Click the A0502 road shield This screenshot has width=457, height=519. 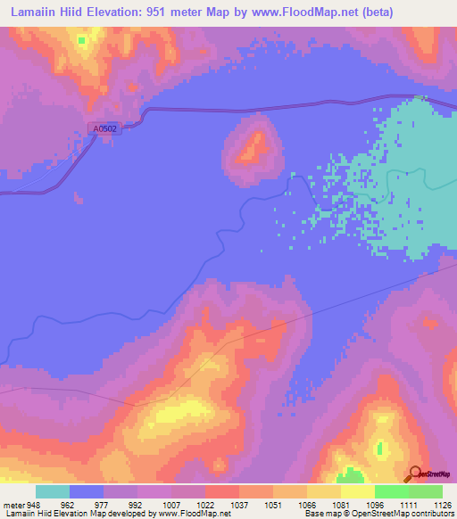click(x=105, y=128)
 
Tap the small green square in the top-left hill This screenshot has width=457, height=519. click(x=81, y=40)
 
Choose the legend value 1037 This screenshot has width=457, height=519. click(x=238, y=504)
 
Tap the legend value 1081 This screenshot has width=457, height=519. click(x=341, y=504)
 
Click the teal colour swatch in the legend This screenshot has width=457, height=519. click(x=53, y=491)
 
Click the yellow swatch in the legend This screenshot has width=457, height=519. click(x=358, y=491)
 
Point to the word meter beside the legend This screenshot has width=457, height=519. click(x=12, y=504)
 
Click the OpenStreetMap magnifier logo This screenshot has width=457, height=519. click(x=415, y=473)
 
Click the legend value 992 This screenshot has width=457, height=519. click(x=136, y=504)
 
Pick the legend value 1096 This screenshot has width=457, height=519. click(x=375, y=504)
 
